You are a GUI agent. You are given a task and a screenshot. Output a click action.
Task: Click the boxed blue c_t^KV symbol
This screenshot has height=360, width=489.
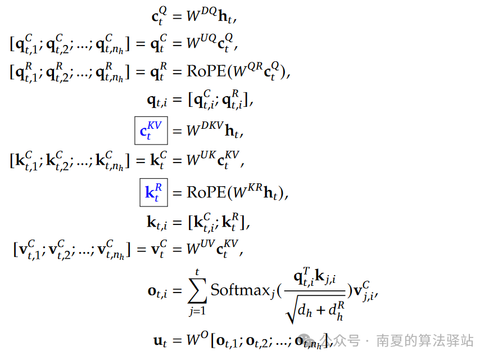coord(151,131)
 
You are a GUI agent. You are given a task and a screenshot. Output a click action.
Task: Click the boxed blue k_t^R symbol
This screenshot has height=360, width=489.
coord(153,192)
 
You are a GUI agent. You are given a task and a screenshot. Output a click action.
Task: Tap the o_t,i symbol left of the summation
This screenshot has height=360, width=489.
coord(157,291)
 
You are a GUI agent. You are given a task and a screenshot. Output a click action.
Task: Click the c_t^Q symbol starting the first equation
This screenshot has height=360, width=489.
coord(159,16)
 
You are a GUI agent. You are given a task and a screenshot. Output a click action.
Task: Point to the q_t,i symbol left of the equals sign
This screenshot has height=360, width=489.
coord(157,101)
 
